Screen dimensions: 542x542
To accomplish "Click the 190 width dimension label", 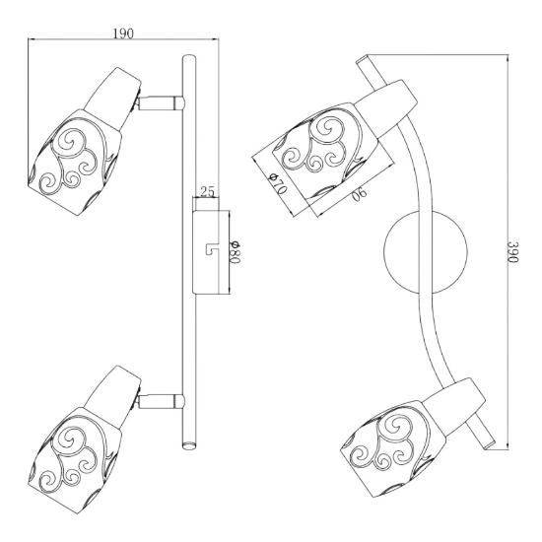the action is pyautogui.click(x=123, y=34).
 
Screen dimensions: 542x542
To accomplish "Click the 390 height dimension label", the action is pyautogui.click(x=513, y=251).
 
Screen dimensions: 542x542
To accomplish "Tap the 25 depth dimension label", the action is pyautogui.click(x=207, y=191).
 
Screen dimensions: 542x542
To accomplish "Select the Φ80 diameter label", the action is pyautogui.click(x=235, y=252).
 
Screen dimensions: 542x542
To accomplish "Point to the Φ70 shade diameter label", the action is pyautogui.click(x=278, y=184).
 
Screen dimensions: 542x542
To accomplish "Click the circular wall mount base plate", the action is pyautogui.click(x=425, y=251).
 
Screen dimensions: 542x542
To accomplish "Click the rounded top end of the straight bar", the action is pyautogui.click(x=189, y=58).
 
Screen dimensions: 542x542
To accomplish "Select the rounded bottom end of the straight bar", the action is pyautogui.click(x=189, y=445).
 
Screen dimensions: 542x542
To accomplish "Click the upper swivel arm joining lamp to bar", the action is pyautogui.click(x=161, y=102).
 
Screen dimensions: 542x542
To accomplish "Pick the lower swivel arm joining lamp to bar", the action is pyautogui.click(x=161, y=401).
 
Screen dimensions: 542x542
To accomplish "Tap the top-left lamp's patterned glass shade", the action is pyautogui.click(x=75, y=163).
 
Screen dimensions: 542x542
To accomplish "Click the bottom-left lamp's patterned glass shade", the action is pyautogui.click(x=75, y=461).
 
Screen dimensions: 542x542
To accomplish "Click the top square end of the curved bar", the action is pyautogui.click(x=363, y=59).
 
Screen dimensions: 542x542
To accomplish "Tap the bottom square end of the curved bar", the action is pyautogui.click(x=489, y=445).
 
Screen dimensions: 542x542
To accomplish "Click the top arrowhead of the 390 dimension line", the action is pyautogui.click(x=508, y=57).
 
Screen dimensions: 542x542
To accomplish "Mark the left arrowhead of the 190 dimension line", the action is pyautogui.click(x=32, y=39).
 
